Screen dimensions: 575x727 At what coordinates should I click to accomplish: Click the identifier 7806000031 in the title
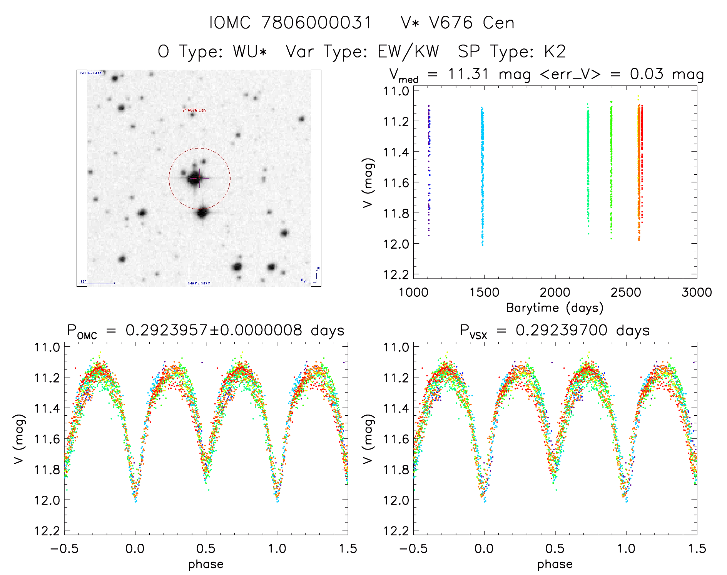pyautogui.click(x=316, y=23)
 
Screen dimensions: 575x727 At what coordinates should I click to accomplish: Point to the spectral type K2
pyautogui.click(x=555, y=51)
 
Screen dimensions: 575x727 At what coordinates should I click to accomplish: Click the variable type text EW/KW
pyautogui.click(x=408, y=51)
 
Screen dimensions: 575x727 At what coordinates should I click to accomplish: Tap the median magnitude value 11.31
pyautogui.click(x=468, y=74)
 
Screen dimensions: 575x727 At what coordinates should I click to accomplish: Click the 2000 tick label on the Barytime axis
pyautogui.click(x=555, y=292)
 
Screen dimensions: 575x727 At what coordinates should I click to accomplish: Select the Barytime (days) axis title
pyautogui.click(x=555, y=308)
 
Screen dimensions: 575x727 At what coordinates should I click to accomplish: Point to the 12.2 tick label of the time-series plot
pyautogui.click(x=396, y=274)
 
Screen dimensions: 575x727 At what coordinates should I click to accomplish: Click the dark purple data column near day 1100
pyautogui.click(x=429, y=169)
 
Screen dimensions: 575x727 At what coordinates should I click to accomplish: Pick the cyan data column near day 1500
pyautogui.click(x=482, y=177)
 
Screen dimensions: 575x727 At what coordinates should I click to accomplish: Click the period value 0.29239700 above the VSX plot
pyautogui.click(x=562, y=330)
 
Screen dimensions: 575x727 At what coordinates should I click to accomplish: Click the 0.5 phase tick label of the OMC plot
pyautogui.click(x=206, y=548)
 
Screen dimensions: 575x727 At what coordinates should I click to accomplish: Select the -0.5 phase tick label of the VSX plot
pyautogui.click(x=413, y=548)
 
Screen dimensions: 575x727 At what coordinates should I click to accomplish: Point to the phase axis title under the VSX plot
pyautogui.click(x=555, y=564)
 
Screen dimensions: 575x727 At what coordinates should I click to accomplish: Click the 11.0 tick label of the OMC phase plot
pyautogui.click(x=47, y=347)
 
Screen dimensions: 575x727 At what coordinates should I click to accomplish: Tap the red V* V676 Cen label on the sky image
pyautogui.click(x=194, y=110)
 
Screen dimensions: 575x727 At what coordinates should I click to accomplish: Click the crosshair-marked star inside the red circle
pyautogui.click(x=194, y=179)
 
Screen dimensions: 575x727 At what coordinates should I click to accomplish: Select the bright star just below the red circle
pyautogui.click(x=202, y=212)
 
